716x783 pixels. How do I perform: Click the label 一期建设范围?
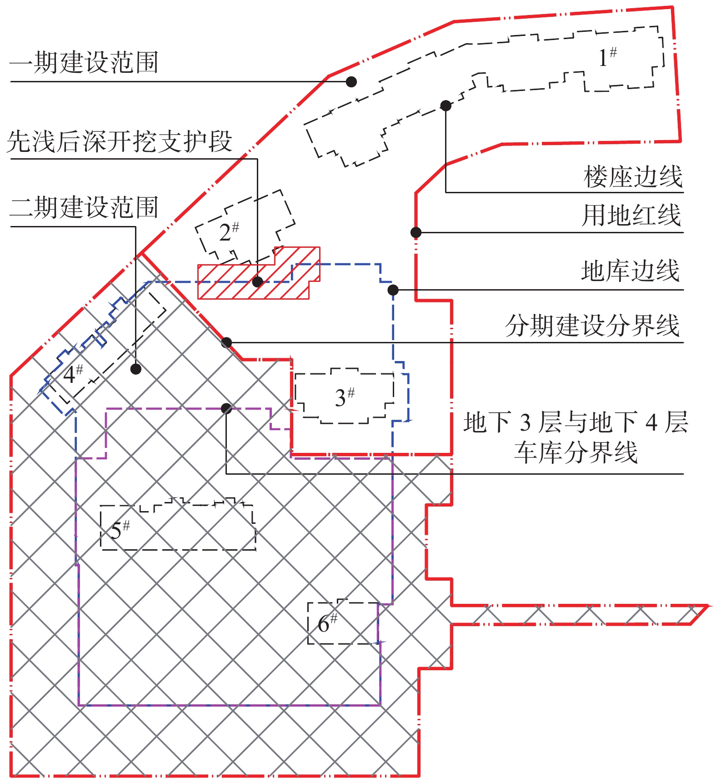84,63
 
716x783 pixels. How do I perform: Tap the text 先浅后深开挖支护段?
120,141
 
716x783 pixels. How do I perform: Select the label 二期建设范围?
84,207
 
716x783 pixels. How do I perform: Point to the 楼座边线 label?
633,177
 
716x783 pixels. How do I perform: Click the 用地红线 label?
631,215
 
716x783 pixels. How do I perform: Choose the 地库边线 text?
631,271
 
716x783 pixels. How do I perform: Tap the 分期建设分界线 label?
592,326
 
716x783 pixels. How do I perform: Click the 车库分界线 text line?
576,452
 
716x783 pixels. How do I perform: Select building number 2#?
229,232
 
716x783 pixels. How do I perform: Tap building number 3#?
345,397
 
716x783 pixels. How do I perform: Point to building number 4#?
73,374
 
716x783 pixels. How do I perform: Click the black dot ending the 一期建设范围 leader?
351,82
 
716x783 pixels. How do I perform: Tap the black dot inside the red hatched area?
257,282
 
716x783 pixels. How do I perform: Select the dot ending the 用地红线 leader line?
416,233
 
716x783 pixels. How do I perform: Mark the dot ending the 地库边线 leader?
393,290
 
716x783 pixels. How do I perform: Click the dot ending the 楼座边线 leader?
446,106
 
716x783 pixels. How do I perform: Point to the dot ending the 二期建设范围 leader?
135,369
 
